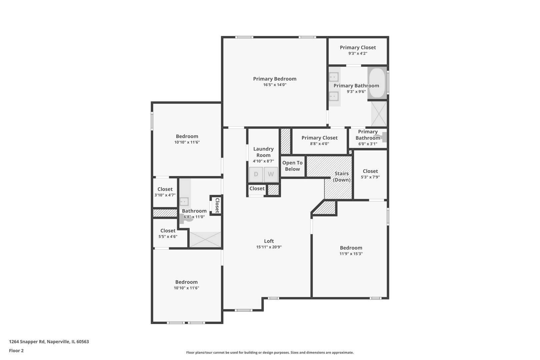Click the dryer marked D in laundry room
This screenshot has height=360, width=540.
click(256, 174)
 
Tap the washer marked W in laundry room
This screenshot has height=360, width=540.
click(271, 174)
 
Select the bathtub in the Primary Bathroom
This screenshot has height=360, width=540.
click(377, 83)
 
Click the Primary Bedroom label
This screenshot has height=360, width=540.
click(275, 79)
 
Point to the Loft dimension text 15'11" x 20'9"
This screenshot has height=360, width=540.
click(269, 247)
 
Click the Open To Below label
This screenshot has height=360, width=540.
click(292, 166)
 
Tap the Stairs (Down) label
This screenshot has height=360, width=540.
click(342, 177)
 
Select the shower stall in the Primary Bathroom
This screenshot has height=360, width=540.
click(379, 113)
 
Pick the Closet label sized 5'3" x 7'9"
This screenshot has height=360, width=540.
click(370, 171)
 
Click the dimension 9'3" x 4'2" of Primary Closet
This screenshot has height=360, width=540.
click(358, 53)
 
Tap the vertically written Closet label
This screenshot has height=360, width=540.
click(217, 205)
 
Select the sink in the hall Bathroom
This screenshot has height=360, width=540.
click(184, 202)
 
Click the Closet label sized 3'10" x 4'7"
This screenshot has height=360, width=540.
click(165, 189)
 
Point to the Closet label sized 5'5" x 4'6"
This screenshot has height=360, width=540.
click(168, 231)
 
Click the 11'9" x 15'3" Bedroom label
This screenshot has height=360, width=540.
click(351, 248)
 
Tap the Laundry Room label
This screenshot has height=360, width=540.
click(263, 152)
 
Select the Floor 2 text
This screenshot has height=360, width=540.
click(16, 351)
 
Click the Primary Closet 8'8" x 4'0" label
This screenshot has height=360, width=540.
click(319, 138)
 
